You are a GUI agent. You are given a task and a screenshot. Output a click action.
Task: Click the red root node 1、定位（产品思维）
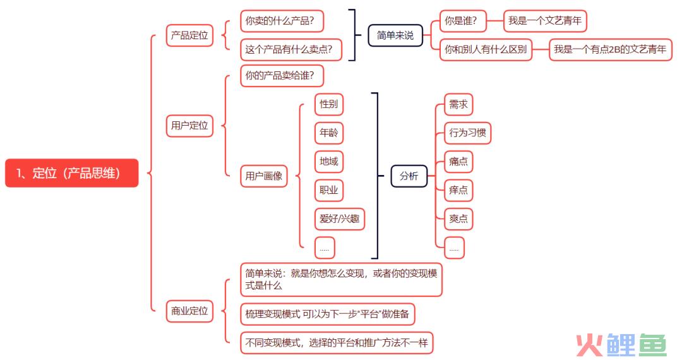(x=72, y=173)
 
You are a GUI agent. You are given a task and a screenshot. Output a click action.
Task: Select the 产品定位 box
(x=189, y=35)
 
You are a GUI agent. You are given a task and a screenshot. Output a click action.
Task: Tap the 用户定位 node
(x=189, y=126)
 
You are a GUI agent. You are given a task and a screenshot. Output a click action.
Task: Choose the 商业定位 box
(x=189, y=311)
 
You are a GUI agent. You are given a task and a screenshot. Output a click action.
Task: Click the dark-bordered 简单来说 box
(x=395, y=35)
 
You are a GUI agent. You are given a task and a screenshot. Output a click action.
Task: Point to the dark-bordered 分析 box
(x=409, y=176)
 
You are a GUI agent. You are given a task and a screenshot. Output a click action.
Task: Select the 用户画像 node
(x=263, y=176)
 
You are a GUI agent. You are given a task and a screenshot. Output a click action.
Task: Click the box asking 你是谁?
(x=463, y=20)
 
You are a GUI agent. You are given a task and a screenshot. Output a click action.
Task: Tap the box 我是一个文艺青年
(x=545, y=20)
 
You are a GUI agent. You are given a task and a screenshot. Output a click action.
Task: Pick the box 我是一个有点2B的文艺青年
(x=610, y=49)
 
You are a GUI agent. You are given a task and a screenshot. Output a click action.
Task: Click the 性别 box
(x=329, y=104)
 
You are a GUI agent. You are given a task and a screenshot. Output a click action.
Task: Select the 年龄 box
(x=329, y=133)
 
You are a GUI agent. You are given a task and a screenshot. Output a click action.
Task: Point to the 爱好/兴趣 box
(x=339, y=219)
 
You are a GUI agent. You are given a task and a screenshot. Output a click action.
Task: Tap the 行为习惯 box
(x=467, y=133)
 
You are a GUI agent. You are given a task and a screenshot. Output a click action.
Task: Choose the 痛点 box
(x=458, y=161)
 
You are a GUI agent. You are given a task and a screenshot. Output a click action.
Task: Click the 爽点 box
(x=458, y=219)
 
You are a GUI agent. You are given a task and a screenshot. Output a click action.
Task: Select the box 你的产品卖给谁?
(x=282, y=76)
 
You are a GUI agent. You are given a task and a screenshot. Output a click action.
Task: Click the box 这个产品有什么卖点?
(x=291, y=49)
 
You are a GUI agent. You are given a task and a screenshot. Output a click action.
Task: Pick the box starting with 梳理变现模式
(x=328, y=314)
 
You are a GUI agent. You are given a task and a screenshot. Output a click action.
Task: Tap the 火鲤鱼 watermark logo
(x=621, y=345)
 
